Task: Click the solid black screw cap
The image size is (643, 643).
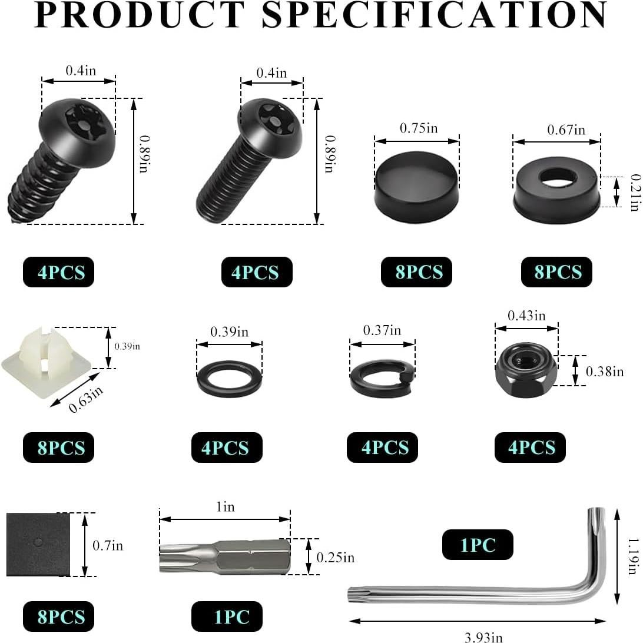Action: click(x=417, y=187)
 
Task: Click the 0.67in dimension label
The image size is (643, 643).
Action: click(x=565, y=130)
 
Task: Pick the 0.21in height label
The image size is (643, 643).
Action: click(x=634, y=192)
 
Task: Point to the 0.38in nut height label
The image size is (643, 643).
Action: click(x=605, y=372)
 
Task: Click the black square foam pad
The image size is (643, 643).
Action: click(x=38, y=544)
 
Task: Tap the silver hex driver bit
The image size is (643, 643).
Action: click(x=225, y=556)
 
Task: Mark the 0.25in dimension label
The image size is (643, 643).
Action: click(x=335, y=557)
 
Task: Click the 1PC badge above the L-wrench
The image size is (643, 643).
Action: click(x=478, y=545)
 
